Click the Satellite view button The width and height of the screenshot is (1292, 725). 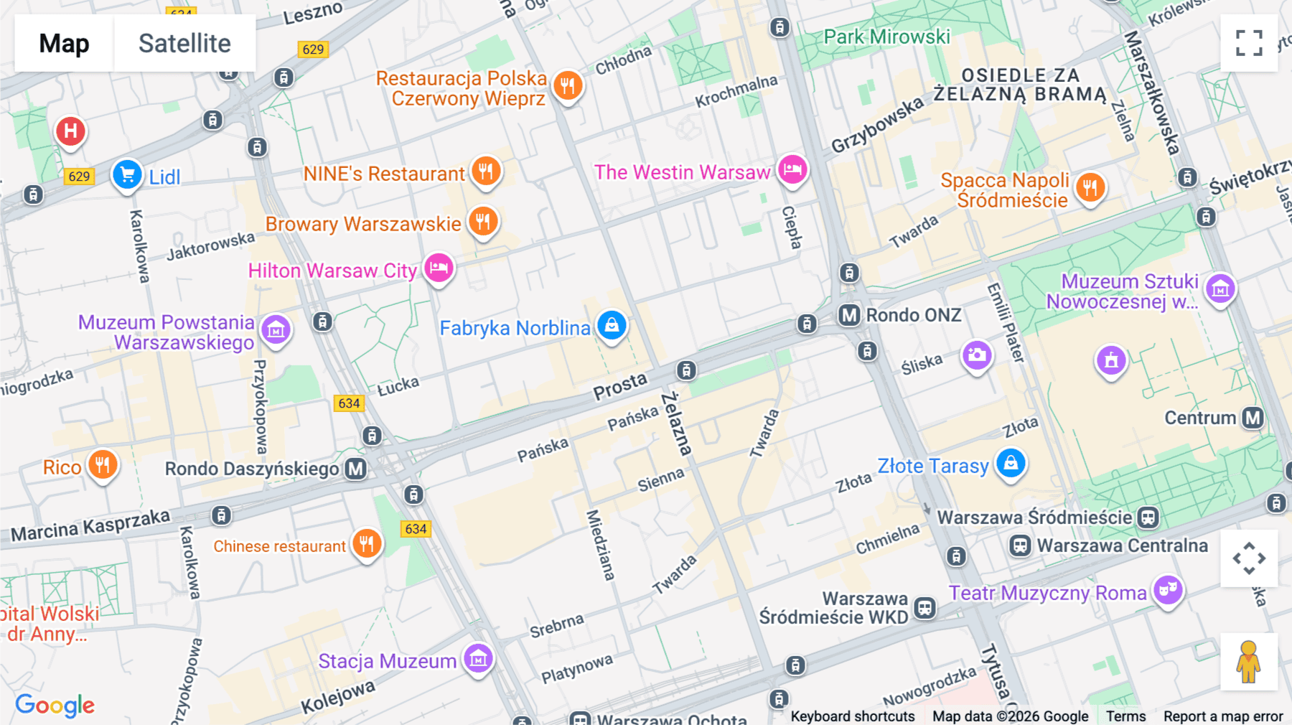point(184,43)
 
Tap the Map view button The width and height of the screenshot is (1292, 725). point(64,43)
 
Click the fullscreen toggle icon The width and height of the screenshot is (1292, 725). point(1249,43)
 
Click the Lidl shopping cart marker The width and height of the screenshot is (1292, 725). point(127,174)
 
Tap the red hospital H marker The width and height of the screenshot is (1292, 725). point(70,131)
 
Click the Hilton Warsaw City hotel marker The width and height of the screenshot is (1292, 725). point(439,268)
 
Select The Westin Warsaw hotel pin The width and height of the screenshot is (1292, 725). point(792,170)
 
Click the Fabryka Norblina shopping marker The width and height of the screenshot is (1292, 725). point(612,326)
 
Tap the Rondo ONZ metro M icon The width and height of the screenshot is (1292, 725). point(849,315)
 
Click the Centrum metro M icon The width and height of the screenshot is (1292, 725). point(1253,418)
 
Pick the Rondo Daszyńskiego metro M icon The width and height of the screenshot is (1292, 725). point(355,469)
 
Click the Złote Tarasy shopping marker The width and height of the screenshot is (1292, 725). point(1011,464)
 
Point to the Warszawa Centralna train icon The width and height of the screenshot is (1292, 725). point(1020,546)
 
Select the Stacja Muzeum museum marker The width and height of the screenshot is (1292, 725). point(478,658)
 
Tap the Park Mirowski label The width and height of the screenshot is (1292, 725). point(886,37)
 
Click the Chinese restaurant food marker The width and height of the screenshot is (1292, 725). point(367,544)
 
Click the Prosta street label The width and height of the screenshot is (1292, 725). point(620,385)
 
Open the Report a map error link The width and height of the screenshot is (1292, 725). point(1222,716)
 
